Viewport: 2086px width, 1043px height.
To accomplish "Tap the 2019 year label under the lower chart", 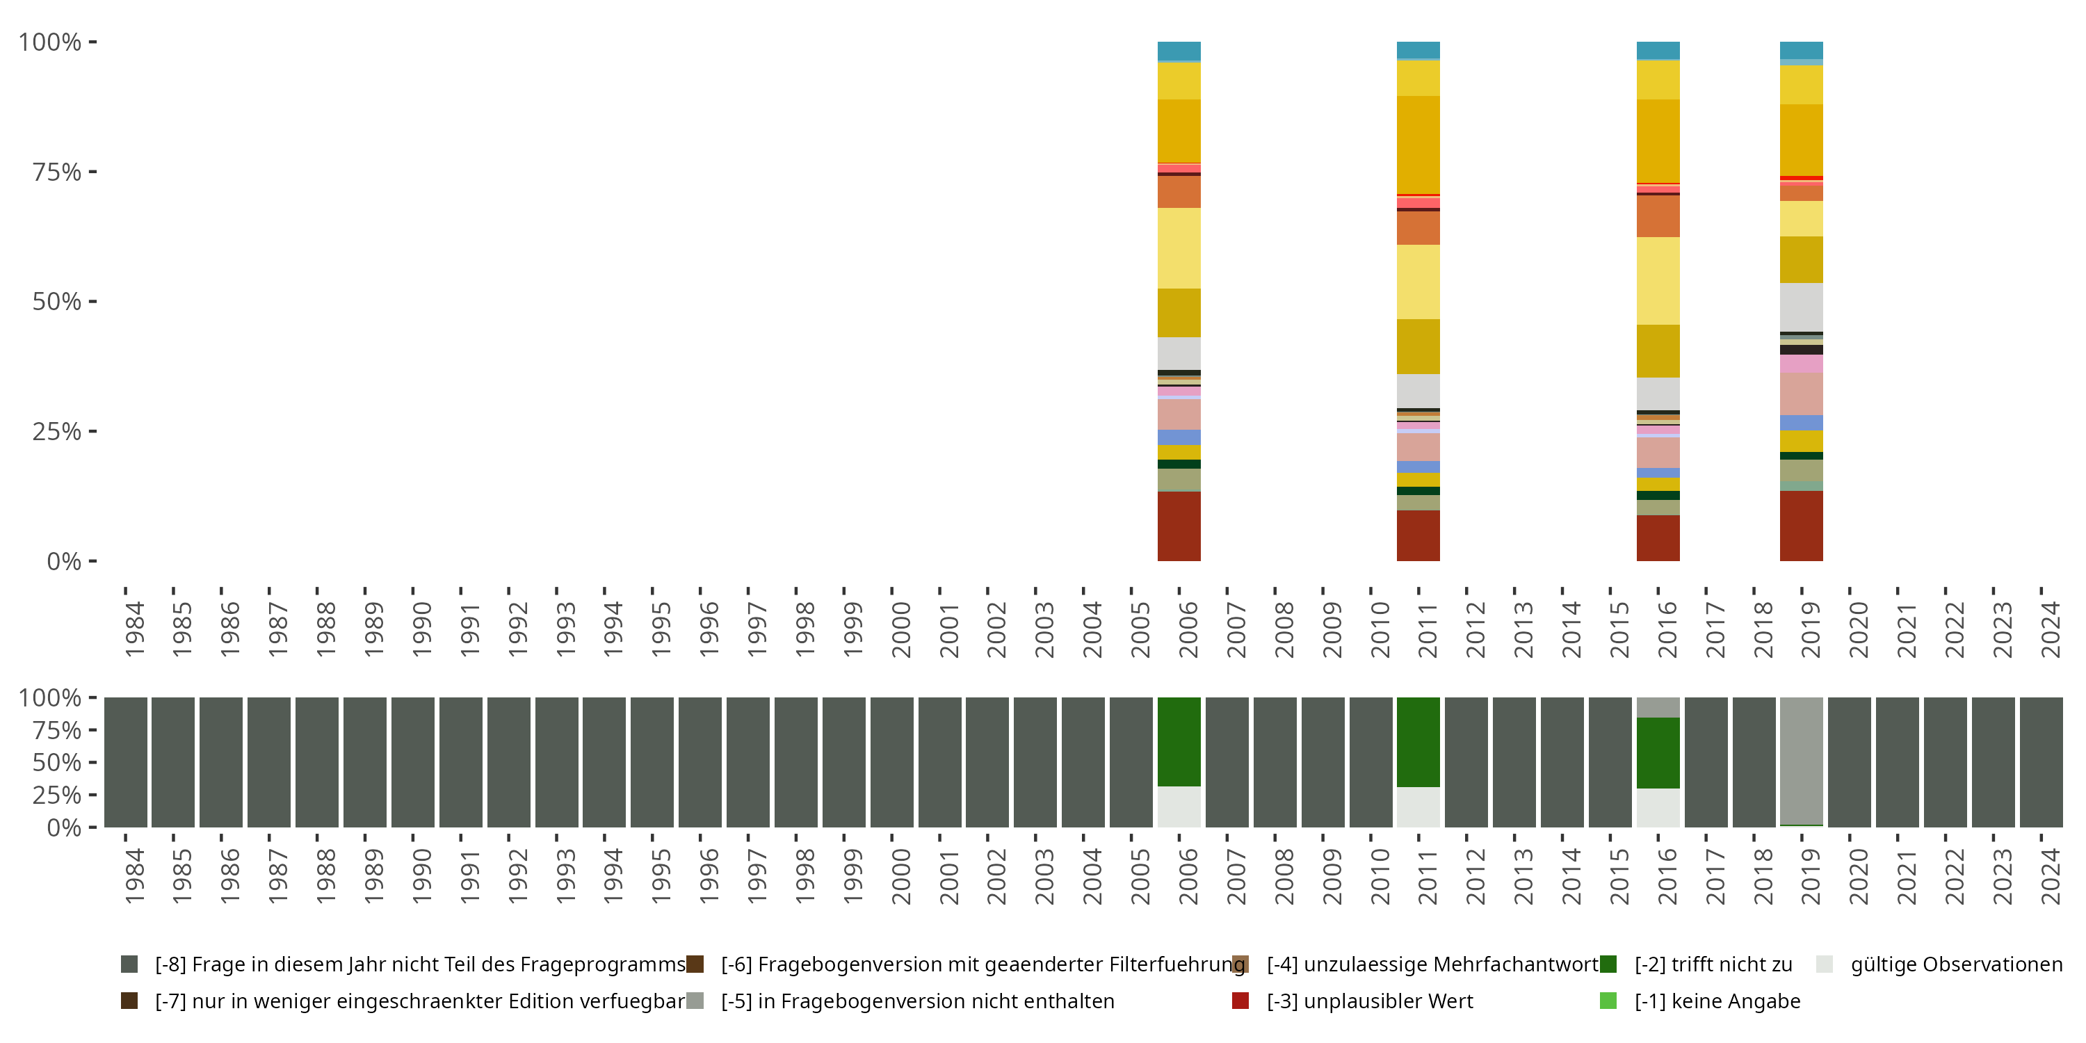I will [1810, 876].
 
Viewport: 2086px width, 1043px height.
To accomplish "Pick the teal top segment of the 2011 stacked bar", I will [1418, 50].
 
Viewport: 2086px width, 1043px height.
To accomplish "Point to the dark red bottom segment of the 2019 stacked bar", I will [1801, 526].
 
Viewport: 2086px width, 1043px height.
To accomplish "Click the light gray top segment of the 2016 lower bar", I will [1658, 707].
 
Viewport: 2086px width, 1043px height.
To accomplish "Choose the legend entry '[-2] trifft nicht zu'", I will [1713, 964].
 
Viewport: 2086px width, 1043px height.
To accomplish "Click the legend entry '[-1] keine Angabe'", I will [1717, 1002].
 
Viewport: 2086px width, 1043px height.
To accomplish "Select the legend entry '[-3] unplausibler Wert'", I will [1369, 1002].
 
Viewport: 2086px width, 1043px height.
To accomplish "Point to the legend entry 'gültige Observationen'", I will [1955, 964].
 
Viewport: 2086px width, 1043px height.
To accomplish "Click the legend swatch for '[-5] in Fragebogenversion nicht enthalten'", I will [695, 1002].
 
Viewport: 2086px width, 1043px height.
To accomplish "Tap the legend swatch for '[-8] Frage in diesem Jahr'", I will [129, 964].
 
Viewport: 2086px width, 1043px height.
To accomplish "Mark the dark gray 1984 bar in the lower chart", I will [126, 762].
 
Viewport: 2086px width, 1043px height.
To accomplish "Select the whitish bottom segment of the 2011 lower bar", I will [1418, 807].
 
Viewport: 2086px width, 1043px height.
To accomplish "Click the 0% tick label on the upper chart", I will [64, 561].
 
